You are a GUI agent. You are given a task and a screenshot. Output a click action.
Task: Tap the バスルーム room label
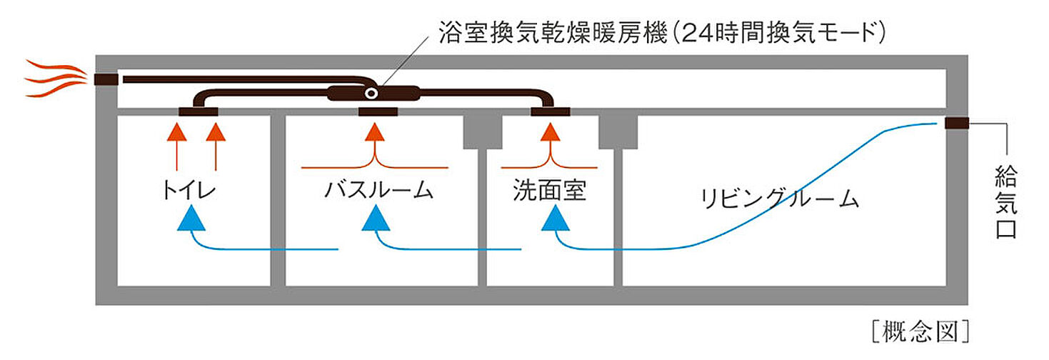tap(378, 191)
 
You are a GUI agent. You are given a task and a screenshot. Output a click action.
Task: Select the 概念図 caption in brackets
tap(921, 331)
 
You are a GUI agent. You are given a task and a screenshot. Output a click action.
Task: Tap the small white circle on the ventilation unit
tap(371, 94)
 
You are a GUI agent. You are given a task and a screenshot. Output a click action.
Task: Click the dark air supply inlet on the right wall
tap(957, 124)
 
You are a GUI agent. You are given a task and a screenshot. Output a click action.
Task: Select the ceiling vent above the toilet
tap(199, 111)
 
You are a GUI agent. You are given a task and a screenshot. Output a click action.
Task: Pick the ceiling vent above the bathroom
tap(378, 111)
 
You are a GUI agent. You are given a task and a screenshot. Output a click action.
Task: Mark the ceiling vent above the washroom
tap(550, 111)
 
